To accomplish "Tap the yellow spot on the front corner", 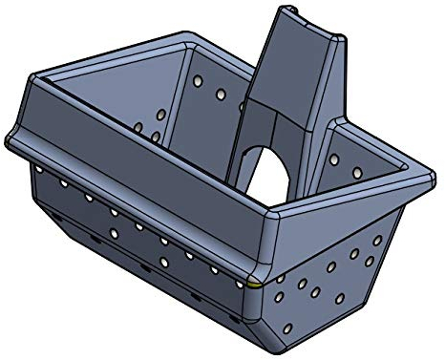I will (252, 282).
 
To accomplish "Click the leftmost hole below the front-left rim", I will (39, 168).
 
